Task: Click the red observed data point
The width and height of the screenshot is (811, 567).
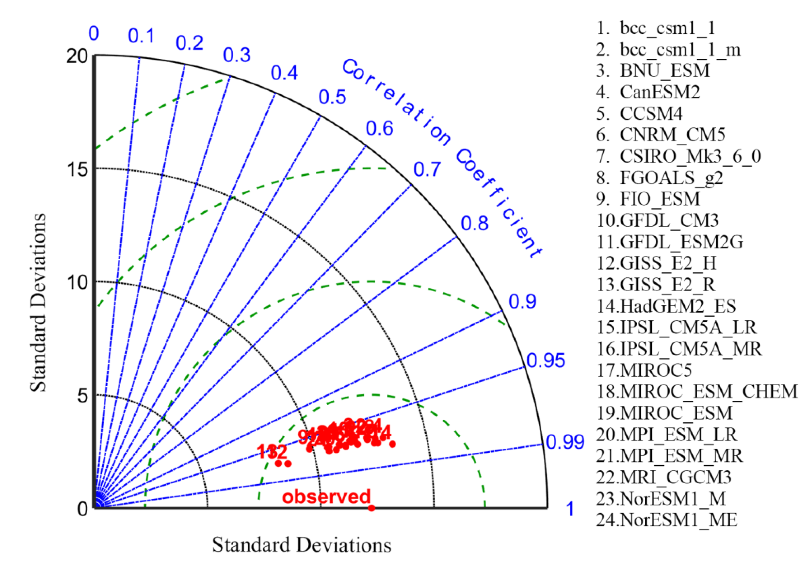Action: coord(371,508)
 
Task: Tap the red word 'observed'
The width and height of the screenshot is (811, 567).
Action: coord(326,496)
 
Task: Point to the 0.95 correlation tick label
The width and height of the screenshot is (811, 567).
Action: coord(546,361)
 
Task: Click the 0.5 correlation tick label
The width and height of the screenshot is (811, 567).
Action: coord(332,97)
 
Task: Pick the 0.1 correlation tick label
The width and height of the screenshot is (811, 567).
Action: coord(141,36)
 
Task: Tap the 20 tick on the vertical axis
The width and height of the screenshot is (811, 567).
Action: coord(77,56)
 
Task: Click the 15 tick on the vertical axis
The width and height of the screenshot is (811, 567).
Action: coord(77,169)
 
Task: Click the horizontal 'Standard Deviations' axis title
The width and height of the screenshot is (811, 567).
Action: coord(301,545)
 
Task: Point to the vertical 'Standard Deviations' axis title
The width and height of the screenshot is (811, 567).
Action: coord(38,302)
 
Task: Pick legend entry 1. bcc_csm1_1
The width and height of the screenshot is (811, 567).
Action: coord(656,28)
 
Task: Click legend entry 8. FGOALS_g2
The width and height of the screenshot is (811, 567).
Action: coord(659,178)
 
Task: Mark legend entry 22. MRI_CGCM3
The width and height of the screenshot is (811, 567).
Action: coord(664,477)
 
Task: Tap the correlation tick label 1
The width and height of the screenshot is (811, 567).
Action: coord(570,509)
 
